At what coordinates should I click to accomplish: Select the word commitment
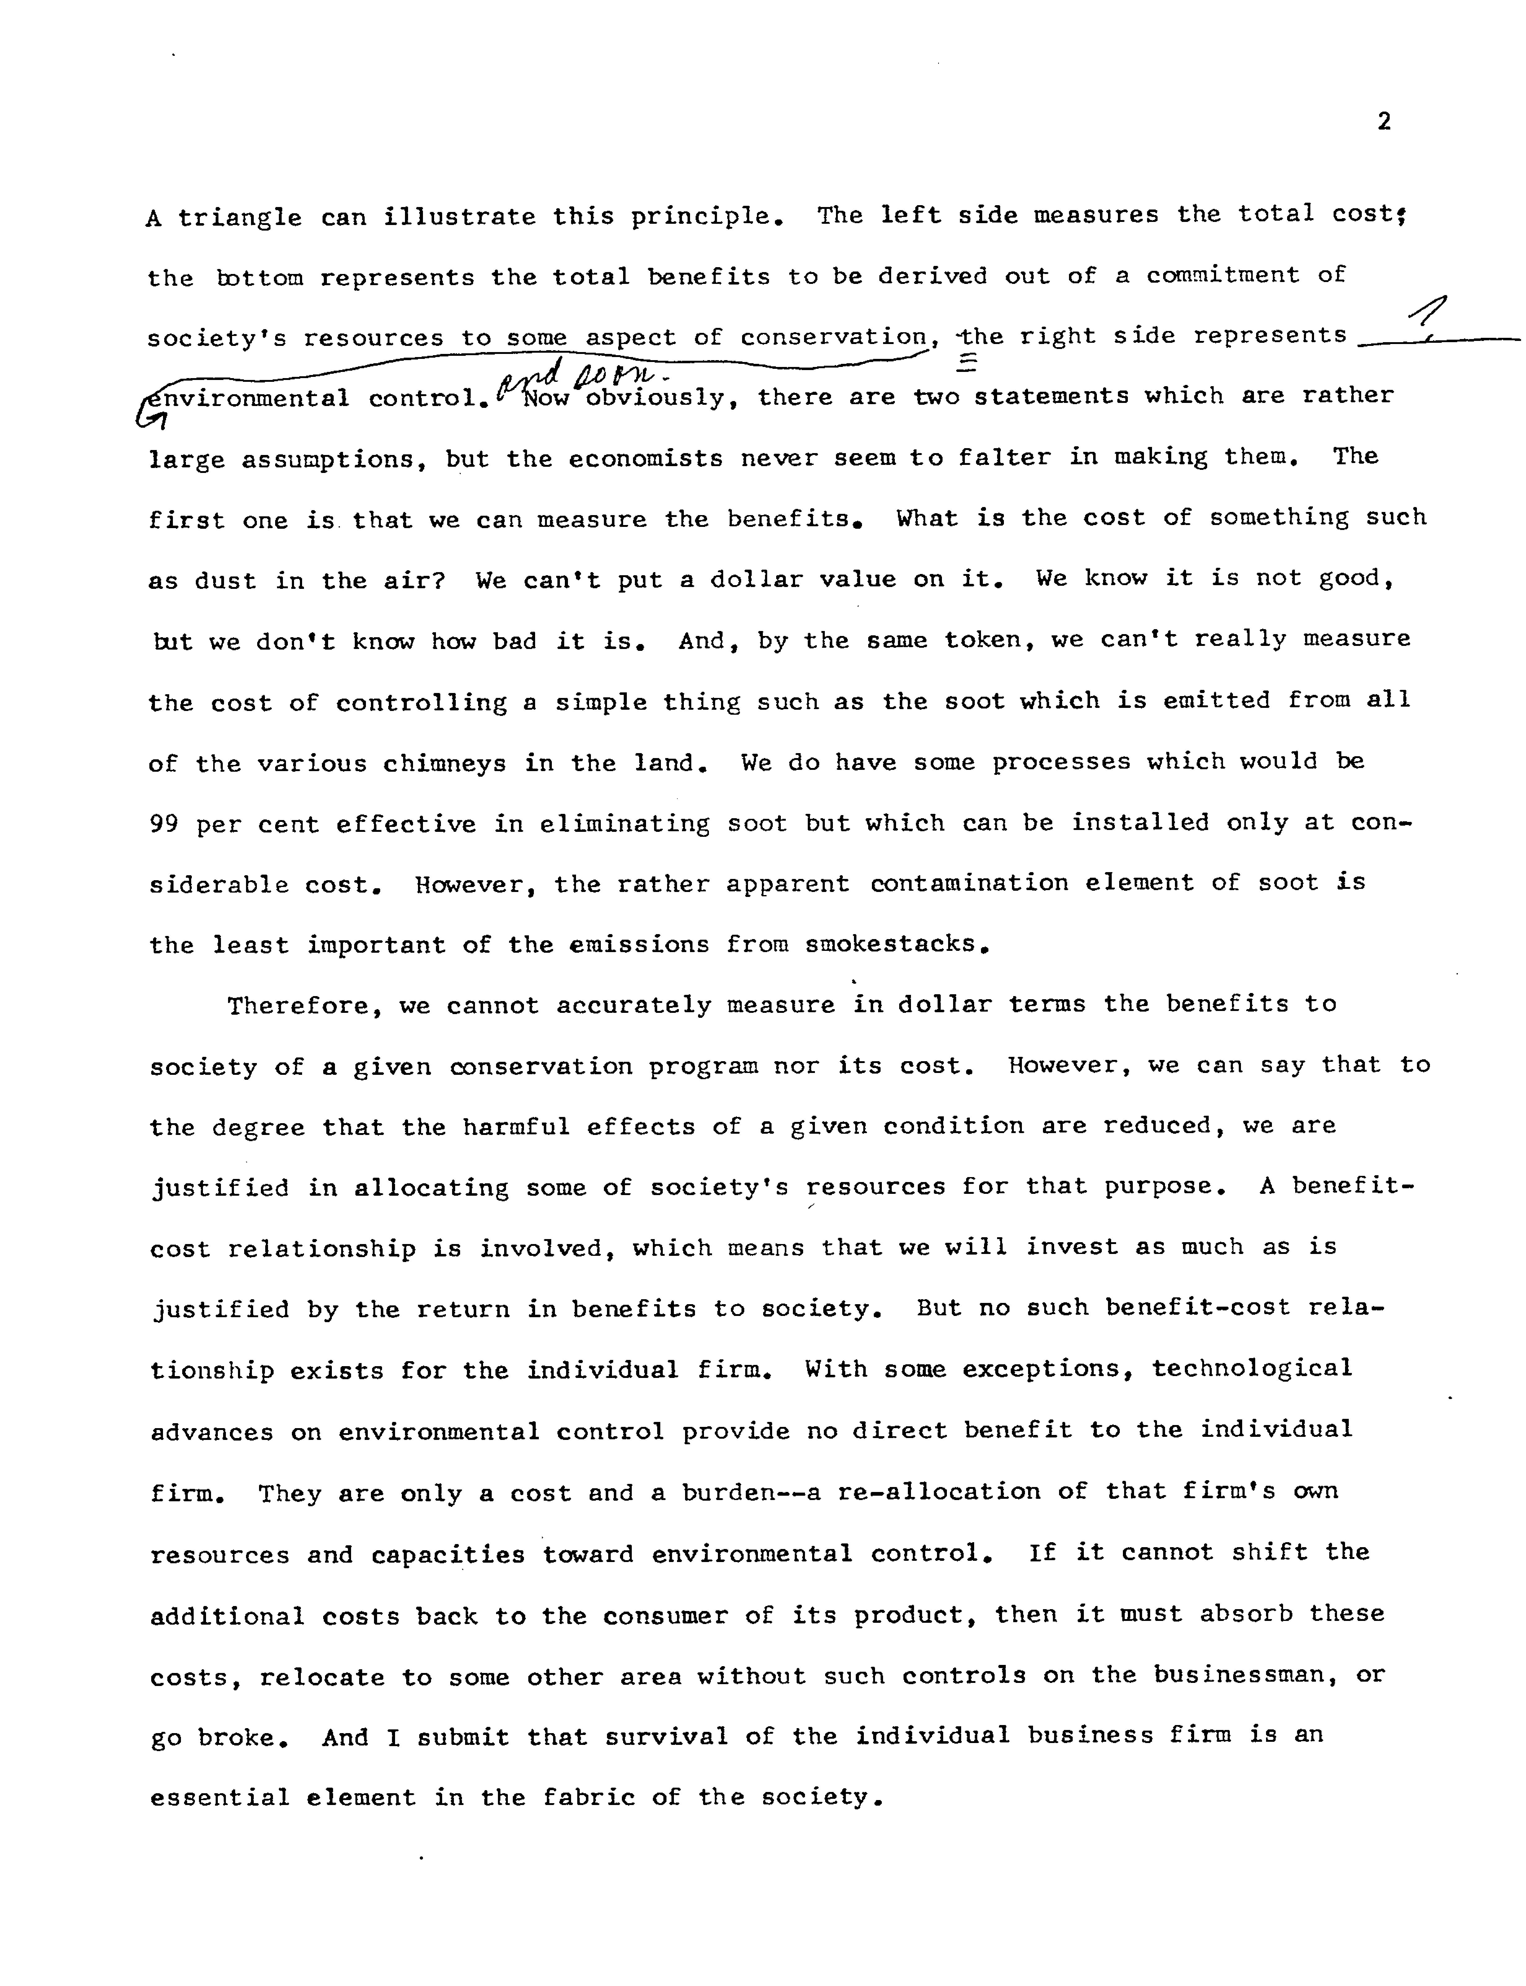(1223, 275)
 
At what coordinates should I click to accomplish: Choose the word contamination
(969, 883)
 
